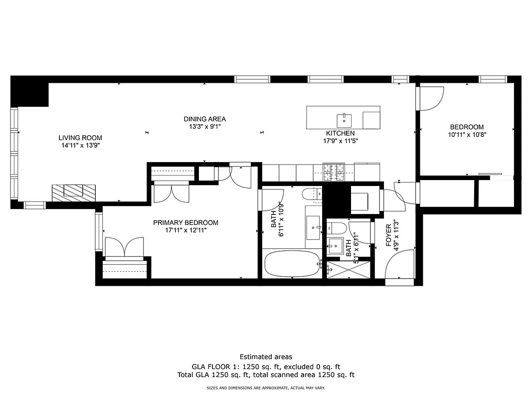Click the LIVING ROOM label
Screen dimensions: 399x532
pos(80,138)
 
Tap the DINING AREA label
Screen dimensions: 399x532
pos(204,119)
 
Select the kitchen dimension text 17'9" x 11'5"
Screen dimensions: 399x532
pos(340,141)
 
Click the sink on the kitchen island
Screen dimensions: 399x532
pos(344,120)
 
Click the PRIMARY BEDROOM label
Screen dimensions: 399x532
pos(185,223)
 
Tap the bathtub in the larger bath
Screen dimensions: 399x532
pos(292,264)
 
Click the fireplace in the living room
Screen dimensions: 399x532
pos(73,192)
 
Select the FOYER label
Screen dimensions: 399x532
pos(388,235)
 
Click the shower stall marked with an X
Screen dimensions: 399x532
pos(349,269)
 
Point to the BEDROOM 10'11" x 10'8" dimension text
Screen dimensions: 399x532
pos(467,134)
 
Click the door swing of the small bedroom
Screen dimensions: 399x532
pos(432,98)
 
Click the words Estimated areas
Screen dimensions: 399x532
pos(266,357)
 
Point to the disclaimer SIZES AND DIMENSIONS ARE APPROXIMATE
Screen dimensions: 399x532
pos(266,388)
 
